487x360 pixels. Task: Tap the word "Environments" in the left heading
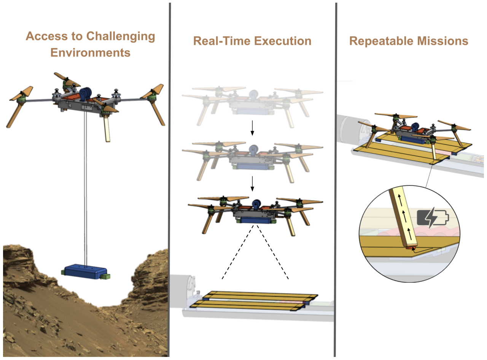click(91, 52)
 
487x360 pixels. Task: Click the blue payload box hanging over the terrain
click(85, 271)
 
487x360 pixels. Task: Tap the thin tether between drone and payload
click(85, 190)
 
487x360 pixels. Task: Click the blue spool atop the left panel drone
click(86, 94)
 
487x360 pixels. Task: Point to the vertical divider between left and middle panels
click(169, 179)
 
